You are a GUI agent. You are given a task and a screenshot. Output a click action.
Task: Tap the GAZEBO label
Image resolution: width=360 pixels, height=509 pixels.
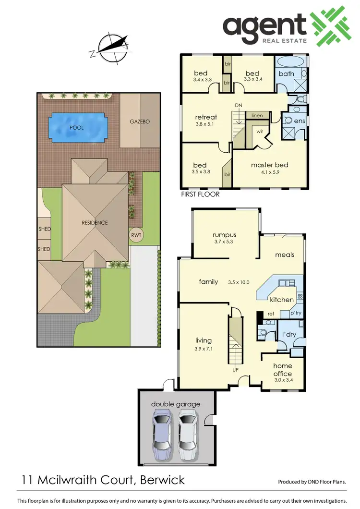[140, 121]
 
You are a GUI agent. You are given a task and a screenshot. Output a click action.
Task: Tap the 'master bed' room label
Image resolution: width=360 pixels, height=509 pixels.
[269, 165]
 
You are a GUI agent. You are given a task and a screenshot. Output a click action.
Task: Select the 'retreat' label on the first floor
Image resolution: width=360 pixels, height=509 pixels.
[206, 117]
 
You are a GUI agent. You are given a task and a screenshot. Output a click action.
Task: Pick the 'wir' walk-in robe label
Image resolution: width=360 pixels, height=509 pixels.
[260, 131]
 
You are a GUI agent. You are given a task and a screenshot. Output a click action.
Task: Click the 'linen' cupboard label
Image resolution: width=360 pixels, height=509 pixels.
[256, 116]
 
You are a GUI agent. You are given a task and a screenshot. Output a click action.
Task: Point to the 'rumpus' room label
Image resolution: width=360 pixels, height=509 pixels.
[225, 235]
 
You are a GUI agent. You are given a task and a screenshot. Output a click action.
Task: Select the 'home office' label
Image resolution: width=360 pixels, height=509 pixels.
[282, 369]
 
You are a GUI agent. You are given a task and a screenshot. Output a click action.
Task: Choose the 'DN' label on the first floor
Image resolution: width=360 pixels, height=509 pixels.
[239, 105]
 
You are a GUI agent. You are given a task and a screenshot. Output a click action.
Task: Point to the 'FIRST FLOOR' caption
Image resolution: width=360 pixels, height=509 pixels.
[200, 194]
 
